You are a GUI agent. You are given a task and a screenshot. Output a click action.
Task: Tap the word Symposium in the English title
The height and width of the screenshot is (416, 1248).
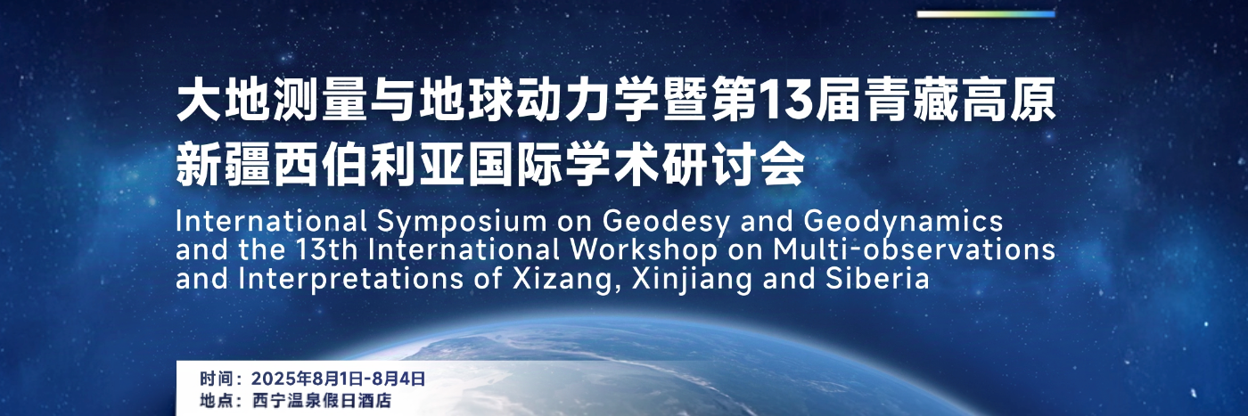tap(462, 222)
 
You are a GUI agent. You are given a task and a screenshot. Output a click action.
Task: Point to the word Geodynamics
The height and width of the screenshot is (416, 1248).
tap(904, 222)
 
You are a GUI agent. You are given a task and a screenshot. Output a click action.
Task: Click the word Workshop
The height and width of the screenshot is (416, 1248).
tap(644, 249)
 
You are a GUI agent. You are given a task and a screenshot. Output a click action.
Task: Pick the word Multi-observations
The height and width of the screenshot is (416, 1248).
tap(915, 249)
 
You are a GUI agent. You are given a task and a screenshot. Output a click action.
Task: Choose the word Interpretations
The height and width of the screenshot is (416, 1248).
tap(351, 279)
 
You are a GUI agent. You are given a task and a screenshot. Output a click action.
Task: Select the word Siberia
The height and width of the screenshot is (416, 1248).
tap(877, 278)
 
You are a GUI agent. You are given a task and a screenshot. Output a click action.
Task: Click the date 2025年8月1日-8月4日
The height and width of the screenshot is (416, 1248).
tap(338, 379)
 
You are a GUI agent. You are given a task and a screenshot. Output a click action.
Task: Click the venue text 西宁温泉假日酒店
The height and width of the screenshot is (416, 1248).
tap(322, 400)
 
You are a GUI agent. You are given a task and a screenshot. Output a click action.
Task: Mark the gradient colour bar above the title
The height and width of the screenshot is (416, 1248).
tap(986, 14)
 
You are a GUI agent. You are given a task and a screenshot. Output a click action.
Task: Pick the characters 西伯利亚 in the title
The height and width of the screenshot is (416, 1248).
tap(369, 165)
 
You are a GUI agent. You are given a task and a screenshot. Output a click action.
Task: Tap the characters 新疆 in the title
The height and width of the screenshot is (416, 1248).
tap(223, 165)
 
